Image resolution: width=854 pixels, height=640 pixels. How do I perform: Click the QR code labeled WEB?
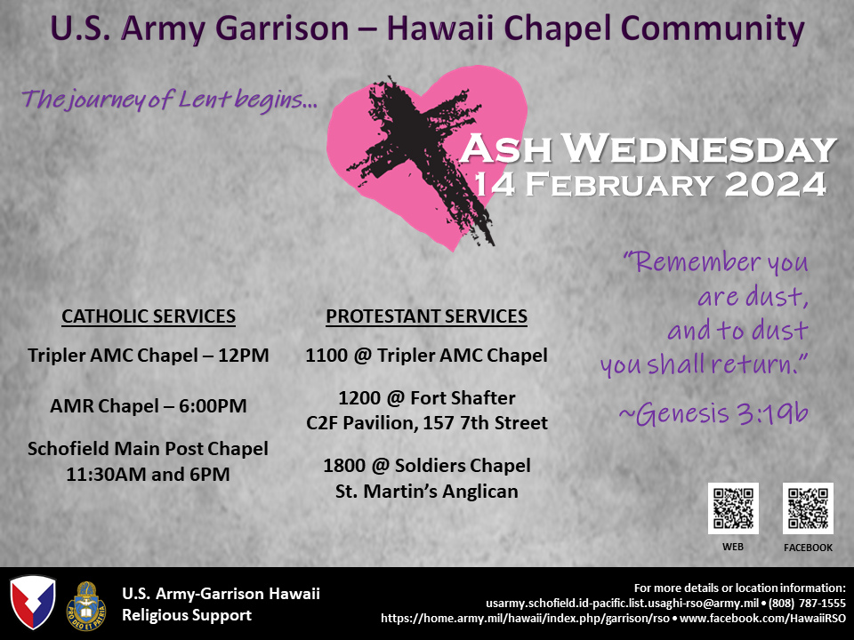[x=733, y=508]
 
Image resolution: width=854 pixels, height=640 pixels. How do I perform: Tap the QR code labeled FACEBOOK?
[x=809, y=508]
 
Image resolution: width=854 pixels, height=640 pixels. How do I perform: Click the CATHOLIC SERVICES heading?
[x=149, y=316]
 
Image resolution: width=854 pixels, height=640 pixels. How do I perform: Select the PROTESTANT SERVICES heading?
[x=426, y=316]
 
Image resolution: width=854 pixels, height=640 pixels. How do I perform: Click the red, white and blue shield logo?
[x=33, y=603]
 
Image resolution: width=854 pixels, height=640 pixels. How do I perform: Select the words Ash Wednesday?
[x=649, y=148]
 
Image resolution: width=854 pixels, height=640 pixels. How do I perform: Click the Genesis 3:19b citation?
[x=713, y=413]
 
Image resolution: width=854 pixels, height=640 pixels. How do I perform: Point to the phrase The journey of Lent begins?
[x=169, y=100]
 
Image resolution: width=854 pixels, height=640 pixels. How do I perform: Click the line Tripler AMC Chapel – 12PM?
[x=149, y=356]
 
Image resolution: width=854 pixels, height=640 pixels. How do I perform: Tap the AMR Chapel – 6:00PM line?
[x=149, y=406]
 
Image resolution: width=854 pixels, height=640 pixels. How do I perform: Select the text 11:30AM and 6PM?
[x=149, y=475]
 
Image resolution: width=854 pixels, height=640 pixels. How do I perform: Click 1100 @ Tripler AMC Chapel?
[x=426, y=356]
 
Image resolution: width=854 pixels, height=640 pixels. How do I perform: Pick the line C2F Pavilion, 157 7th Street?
[x=427, y=423]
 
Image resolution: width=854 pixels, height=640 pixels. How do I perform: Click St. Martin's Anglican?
[x=427, y=492]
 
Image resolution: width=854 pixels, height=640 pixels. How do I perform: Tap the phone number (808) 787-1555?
[x=807, y=603]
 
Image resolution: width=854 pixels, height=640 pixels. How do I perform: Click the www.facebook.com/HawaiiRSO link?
[x=763, y=619]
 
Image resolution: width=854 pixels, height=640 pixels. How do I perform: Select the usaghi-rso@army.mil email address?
[x=623, y=603]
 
